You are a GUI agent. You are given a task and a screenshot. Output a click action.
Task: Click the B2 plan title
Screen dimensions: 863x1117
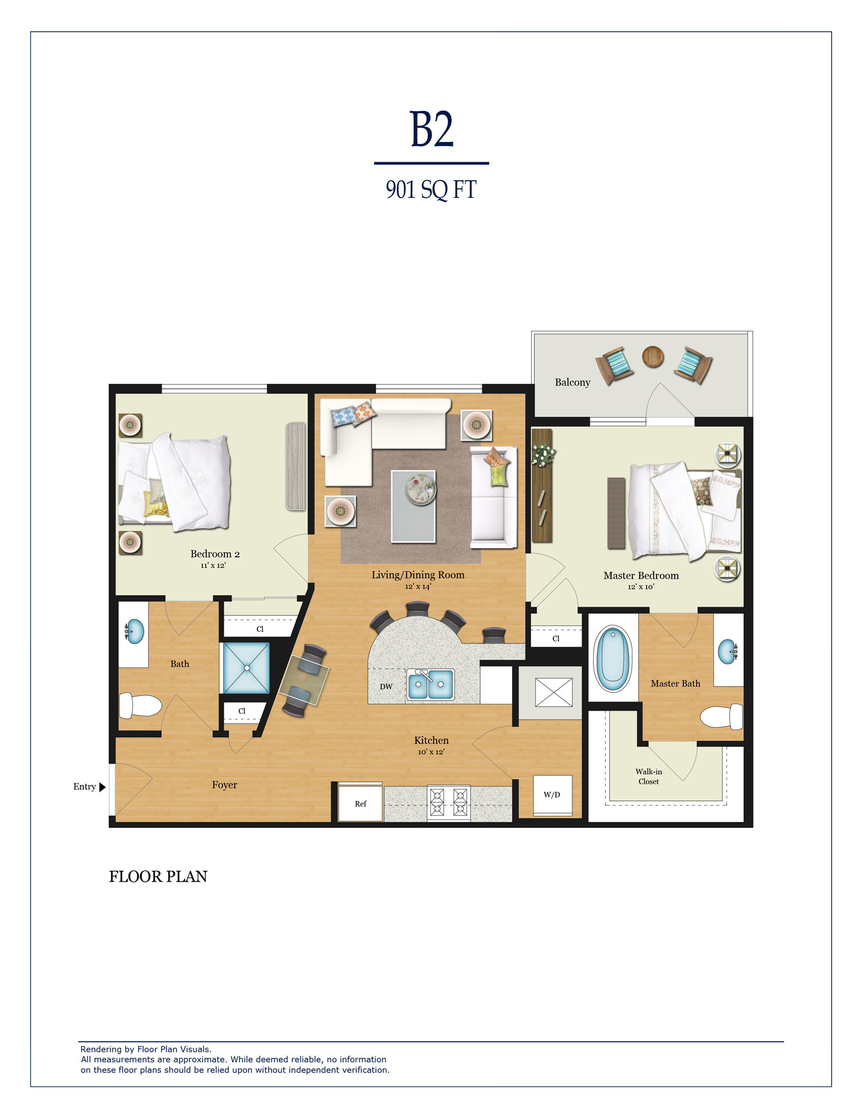pyautogui.click(x=431, y=129)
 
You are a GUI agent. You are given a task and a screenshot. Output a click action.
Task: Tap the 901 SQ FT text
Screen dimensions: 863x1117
pyautogui.click(x=431, y=190)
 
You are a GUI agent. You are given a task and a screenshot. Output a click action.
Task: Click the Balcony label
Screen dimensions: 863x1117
pyautogui.click(x=572, y=383)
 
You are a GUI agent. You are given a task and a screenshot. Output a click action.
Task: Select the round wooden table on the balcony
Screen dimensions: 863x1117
pyautogui.click(x=652, y=357)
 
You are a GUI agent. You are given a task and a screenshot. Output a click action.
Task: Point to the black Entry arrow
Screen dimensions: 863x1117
pyautogui.click(x=102, y=787)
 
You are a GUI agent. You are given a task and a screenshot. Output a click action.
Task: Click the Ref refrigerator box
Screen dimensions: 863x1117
pyautogui.click(x=360, y=803)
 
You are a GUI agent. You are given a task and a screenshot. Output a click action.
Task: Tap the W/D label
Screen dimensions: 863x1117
pyautogui.click(x=552, y=795)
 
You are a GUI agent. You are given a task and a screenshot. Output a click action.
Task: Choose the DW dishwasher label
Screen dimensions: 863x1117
pyautogui.click(x=386, y=687)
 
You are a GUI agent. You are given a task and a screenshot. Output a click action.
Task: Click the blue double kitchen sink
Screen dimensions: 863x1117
pyautogui.click(x=430, y=684)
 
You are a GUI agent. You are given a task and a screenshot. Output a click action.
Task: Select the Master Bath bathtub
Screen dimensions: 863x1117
pyautogui.click(x=613, y=658)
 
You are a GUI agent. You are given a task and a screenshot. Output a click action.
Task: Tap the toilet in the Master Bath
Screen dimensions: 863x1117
pyautogui.click(x=721, y=717)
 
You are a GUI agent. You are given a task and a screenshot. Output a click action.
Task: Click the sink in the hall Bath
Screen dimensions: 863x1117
pyautogui.click(x=135, y=631)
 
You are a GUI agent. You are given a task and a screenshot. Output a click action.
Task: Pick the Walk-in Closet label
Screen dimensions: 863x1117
pyautogui.click(x=648, y=776)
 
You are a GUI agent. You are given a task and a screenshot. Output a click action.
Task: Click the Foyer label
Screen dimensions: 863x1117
pyautogui.click(x=224, y=785)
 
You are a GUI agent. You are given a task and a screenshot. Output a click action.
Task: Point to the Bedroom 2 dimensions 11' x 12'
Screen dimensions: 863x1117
pyautogui.click(x=213, y=566)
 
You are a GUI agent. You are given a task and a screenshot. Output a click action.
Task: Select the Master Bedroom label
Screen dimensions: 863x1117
pyautogui.click(x=641, y=575)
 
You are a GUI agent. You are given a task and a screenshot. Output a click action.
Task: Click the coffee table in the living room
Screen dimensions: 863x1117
pyautogui.click(x=413, y=506)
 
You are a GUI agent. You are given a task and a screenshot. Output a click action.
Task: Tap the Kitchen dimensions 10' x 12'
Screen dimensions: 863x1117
pyautogui.click(x=431, y=752)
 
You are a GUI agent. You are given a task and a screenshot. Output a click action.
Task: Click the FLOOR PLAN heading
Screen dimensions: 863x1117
pyautogui.click(x=158, y=876)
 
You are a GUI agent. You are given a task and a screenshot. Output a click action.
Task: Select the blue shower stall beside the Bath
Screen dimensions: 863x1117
pyautogui.click(x=246, y=668)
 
